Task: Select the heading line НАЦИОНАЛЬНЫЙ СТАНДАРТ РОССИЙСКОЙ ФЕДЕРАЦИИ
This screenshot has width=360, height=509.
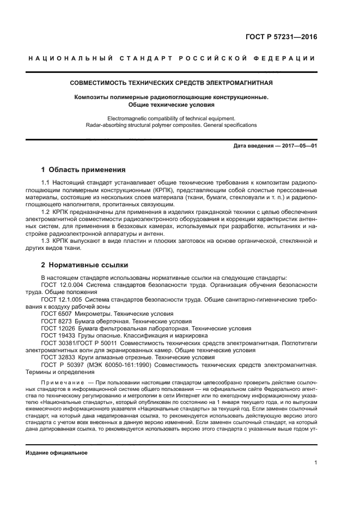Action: pyautogui.click(x=172, y=59)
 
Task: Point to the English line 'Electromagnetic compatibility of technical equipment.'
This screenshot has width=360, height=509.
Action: pyautogui.click(x=172, y=118)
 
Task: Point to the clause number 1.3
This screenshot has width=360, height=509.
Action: pyautogui.click(x=46, y=240)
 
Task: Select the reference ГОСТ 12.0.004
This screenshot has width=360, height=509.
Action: pyautogui.click(x=62, y=285)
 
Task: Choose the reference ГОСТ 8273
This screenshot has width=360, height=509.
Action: pyautogui.click(x=56, y=321)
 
